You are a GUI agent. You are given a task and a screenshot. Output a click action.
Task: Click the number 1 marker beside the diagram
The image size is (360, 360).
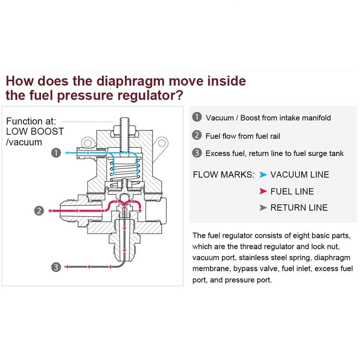coord(56,153)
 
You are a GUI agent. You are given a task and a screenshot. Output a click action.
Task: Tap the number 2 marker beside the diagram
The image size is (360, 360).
coord(40,211)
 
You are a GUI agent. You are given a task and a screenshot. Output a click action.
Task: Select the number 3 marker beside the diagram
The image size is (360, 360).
coord(56,267)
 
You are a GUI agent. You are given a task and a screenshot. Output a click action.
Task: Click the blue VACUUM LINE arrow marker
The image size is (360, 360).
coord(263,175)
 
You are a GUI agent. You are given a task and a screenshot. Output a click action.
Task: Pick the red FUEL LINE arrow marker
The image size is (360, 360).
coord(263,192)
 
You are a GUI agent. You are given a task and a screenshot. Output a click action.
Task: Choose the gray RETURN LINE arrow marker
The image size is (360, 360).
coord(263,208)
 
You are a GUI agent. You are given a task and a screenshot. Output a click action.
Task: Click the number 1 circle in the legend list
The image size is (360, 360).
coord(197,117)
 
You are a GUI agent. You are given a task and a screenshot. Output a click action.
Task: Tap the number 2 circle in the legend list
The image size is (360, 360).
coord(197,135)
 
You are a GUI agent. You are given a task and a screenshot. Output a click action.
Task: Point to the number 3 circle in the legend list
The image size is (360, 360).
coord(197,153)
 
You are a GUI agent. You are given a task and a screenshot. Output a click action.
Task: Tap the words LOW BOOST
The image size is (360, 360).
coord(35,131)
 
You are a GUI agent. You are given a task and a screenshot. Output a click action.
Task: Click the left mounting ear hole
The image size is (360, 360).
coord(87,141)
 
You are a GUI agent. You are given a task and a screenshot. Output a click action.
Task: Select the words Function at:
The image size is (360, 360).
coord(31,121)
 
